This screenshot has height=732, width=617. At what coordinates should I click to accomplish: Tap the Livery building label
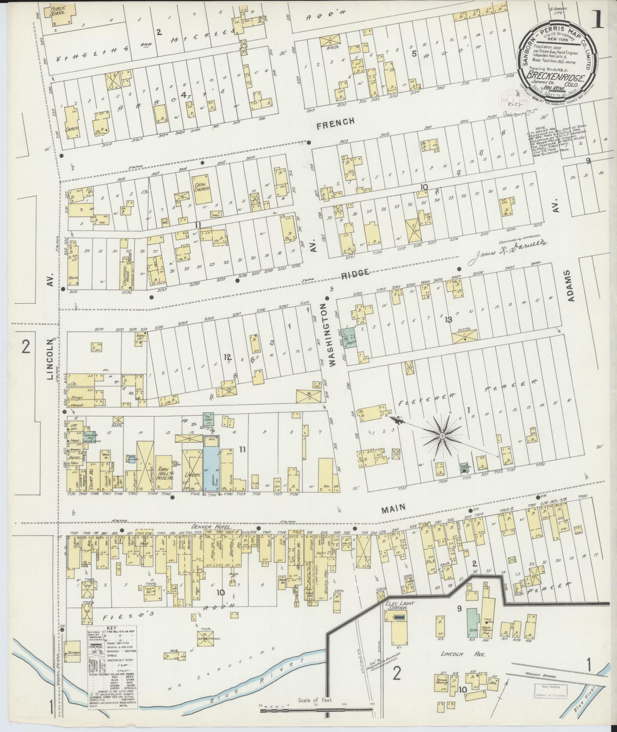click(x=194, y=475)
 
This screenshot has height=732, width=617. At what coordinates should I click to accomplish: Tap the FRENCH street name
click(x=335, y=122)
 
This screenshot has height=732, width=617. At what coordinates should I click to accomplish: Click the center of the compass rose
click(x=442, y=436)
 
